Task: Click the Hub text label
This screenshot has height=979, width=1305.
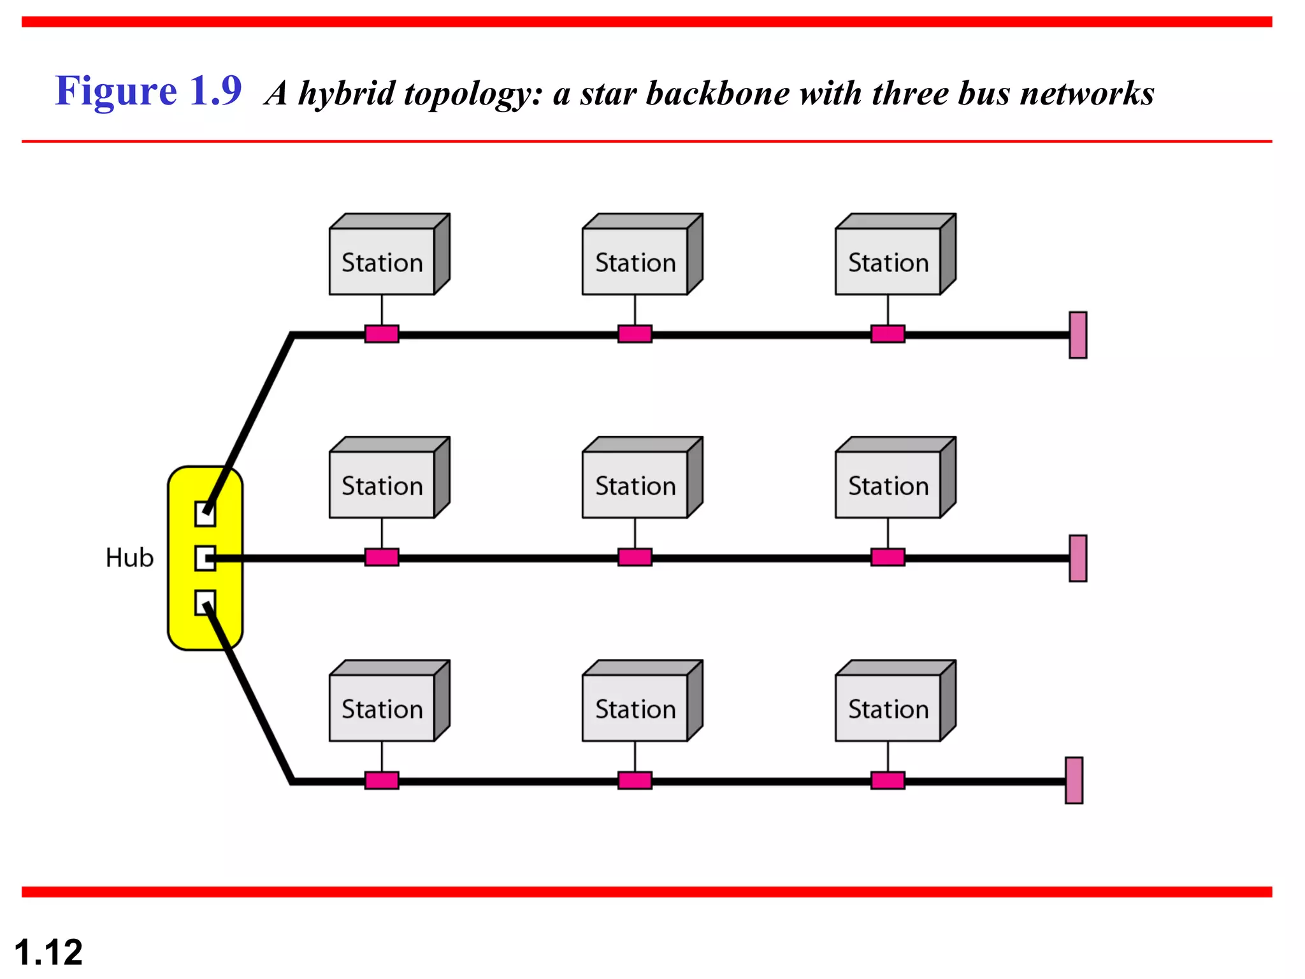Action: [x=129, y=558]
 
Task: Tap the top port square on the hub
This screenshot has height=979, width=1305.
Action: [x=205, y=514]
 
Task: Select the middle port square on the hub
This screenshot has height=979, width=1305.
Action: [x=205, y=558]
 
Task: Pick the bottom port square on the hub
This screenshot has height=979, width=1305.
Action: [x=205, y=603]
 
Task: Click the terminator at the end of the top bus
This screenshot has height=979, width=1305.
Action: [x=1078, y=335]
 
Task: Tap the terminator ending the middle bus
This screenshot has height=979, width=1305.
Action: [x=1078, y=558]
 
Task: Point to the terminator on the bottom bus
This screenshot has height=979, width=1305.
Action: [x=1074, y=780]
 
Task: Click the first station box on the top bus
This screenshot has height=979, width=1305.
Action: [x=382, y=261]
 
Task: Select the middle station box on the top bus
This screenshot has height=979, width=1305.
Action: [x=635, y=261]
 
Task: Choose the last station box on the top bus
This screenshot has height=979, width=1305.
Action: [x=888, y=261]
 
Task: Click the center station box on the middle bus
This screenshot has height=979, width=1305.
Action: [x=635, y=484]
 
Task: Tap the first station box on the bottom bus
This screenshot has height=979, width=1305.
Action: [x=382, y=707]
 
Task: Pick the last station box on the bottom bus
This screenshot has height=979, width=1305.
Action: [x=888, y=707]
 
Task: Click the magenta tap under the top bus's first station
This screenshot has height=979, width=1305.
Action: [x=382, y=334]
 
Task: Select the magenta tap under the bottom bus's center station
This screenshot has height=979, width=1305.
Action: [x=635, y=781]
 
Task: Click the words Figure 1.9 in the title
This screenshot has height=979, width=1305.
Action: [x=148, y=91]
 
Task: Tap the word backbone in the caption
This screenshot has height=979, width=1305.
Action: [x=717, y=94]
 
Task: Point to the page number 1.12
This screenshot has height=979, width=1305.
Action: [x=48, y=952]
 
